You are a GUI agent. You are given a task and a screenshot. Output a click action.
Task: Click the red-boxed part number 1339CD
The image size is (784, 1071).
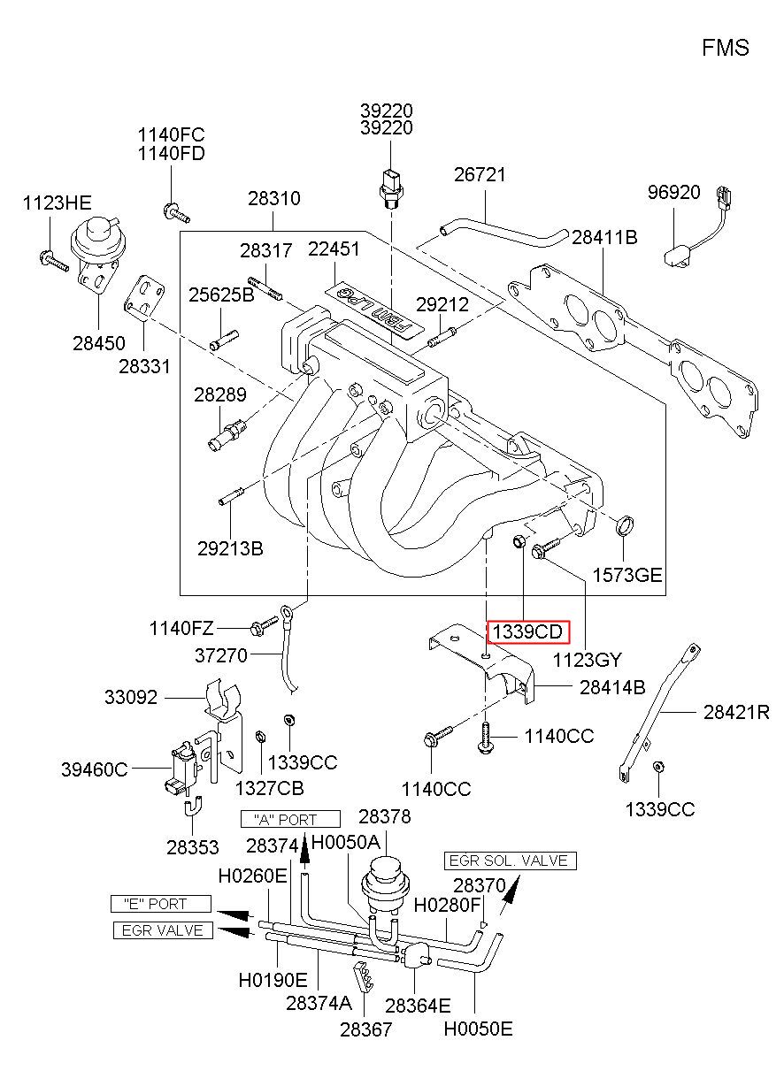tap(528, 631)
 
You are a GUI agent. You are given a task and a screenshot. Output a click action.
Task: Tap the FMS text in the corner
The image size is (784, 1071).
tap(726, 48)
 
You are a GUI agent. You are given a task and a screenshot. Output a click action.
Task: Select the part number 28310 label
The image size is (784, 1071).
tap(274, 198)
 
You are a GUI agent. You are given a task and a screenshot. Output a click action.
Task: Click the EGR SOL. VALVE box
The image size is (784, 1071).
tap(511, 861)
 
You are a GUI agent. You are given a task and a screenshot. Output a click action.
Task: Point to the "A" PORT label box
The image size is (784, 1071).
tap(290, 819)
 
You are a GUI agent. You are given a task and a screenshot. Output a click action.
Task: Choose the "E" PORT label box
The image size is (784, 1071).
tap(161, 904)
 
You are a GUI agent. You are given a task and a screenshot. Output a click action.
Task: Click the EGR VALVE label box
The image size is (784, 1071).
tap(163, 930)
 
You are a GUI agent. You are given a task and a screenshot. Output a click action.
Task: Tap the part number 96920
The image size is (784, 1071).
tap(673, 192)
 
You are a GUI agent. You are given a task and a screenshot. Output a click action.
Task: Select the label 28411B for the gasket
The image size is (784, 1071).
tap(604, 237)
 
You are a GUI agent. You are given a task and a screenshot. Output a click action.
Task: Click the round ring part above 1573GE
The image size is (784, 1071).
tap(624, 525)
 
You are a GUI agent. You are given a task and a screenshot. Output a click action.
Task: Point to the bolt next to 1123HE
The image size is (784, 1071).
tap(54, 261)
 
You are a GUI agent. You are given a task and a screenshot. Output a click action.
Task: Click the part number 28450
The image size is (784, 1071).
tap(99, 343)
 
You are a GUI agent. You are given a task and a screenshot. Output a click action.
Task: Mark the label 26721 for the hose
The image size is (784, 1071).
tap(480, 175)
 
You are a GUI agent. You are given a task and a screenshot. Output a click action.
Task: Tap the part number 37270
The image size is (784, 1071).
tap(221, 655)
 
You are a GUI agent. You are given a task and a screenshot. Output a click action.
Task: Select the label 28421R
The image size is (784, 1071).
tap(736, 713)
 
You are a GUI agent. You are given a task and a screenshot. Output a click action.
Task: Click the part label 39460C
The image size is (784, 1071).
tap(94, 769)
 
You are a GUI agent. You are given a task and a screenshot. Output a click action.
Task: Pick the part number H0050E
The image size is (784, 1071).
tap(479, 1029)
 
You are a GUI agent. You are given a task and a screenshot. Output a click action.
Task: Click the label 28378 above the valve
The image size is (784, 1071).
tap(385, 816)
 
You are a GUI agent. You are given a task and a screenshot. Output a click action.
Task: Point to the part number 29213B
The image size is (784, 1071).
tap(231, 548)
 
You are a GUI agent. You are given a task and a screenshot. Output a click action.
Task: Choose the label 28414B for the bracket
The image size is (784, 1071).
tap(612, 687)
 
